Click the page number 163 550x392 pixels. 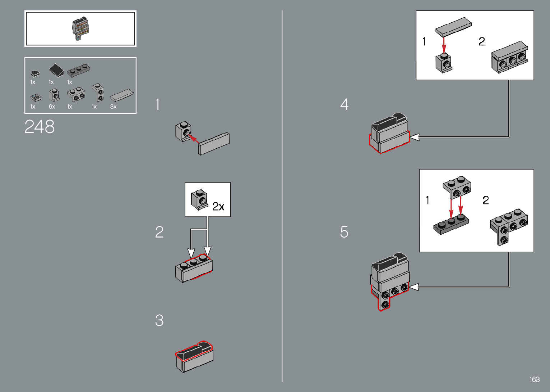(x=534, y=379)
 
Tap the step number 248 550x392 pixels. (x=40, y=127)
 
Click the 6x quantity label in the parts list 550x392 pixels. (x=52, y=107)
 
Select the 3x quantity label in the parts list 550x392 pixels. (x=113, y=107)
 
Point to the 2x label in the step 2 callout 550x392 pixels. (x=218, y=206)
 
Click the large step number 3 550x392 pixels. (x=159, y=320)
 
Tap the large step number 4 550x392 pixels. (x=344, y=104)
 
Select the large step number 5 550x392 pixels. (x=344, y=232)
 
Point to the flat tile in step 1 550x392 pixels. (x=214, y=144)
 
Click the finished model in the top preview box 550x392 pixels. (x=80, y=28)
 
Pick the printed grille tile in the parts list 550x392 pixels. (x=36, y=98)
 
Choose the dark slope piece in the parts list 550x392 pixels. (x=56, y=70)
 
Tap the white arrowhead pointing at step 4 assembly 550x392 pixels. (x=415, y=137)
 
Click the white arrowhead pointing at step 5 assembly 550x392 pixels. (x=414, y=287)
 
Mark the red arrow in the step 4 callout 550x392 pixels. (x=444, y=45)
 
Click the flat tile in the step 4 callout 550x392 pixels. (x=453, y=26)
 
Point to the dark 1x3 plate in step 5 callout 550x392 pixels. (x=451, y=225)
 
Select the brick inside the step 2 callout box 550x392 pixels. (x=199, y=199)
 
